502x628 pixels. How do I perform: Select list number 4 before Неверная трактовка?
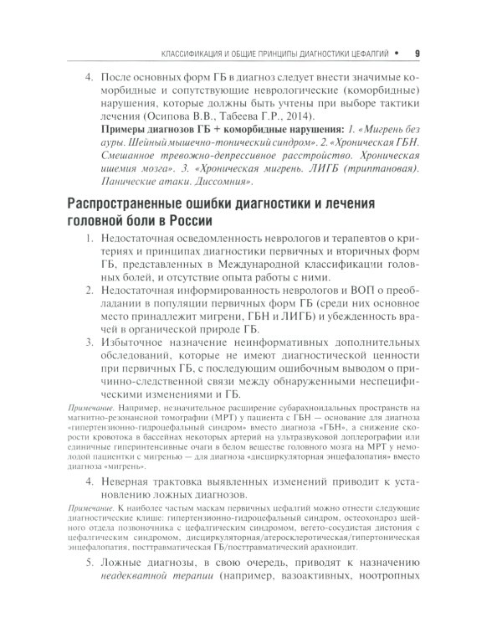pos(90,482)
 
